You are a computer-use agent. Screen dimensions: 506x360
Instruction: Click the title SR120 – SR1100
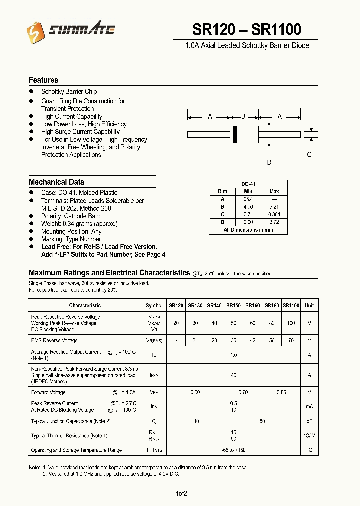[x=246, y=30]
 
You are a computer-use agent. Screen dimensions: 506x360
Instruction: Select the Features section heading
[x=43, y=80]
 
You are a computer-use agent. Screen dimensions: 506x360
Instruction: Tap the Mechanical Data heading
[x=56, y=182]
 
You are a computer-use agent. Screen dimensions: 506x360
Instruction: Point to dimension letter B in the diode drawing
[x=243, y=116]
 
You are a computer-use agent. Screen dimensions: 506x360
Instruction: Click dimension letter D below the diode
[x=269, y=162]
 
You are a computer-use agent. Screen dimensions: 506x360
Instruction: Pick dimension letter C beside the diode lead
[x=309, y=155]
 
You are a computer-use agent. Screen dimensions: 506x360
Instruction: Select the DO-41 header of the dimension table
[x=248, y=184]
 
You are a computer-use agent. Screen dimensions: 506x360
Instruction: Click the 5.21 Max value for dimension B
[x=274, y=206]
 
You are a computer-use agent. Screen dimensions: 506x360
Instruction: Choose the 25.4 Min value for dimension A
[x=248, y=199]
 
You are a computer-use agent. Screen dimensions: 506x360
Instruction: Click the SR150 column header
[x=233, y=305]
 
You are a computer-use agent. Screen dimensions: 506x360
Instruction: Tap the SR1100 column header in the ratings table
[x=291, y=305]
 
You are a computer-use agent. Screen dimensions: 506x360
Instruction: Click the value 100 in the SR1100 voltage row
[x=291, y=323]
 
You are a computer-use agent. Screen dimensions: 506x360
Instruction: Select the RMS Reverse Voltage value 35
[x=233, y=340]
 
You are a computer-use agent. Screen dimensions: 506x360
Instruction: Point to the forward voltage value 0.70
[x=243, y=393]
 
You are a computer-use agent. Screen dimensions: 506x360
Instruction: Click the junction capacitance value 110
[x=195, y=421]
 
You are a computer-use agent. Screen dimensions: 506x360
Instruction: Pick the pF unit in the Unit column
[x=309, y=421]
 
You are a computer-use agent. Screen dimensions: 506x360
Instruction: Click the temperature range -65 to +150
[x=233, y=450]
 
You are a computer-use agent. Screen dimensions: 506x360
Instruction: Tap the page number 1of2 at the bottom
[x=181, y=494]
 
